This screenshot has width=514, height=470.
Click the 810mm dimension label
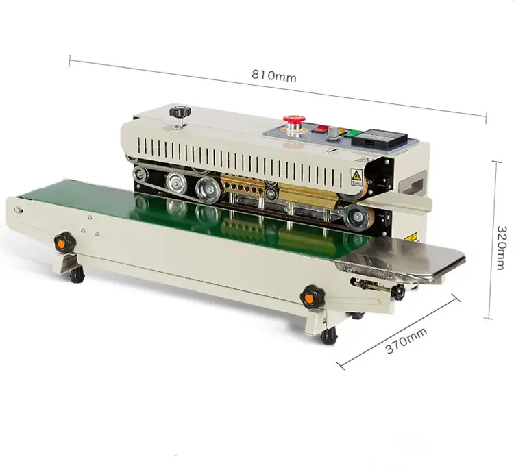(274, 76)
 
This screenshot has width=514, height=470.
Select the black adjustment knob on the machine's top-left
(180, 112)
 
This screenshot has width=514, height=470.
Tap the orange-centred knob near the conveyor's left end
(65, 240)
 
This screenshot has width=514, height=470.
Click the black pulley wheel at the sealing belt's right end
(356, 218)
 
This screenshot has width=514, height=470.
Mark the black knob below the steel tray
(397, 293)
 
